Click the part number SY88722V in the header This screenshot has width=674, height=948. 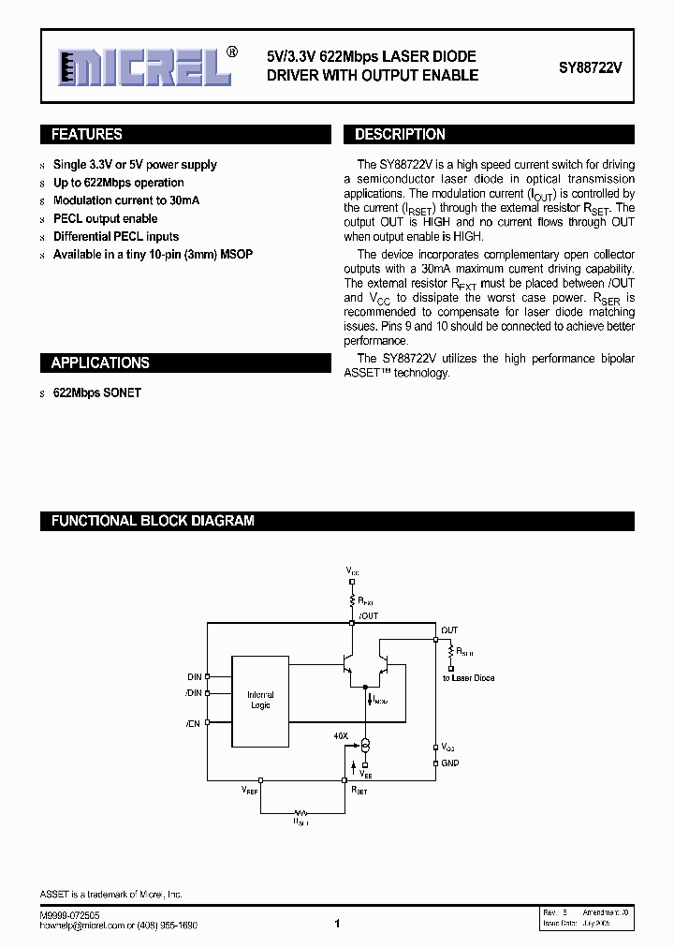590,67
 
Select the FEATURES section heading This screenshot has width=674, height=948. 87,135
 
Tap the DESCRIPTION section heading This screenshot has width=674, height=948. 400,135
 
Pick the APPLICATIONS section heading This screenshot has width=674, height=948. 100,363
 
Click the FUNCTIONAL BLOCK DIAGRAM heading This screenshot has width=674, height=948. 153,521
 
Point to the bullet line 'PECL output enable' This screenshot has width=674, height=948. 105,218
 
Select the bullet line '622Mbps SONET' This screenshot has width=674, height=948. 97,393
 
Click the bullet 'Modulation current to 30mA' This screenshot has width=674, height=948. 126,200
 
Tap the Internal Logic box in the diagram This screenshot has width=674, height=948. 260,701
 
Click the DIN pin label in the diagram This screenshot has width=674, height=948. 195,675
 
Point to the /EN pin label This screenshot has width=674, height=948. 194,723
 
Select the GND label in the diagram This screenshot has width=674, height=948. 450,763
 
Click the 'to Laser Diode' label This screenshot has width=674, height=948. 468,677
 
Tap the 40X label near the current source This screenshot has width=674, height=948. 341,736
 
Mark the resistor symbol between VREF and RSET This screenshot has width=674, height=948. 301,812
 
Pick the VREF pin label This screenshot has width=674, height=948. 249,792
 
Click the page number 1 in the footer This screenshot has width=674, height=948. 336,924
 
